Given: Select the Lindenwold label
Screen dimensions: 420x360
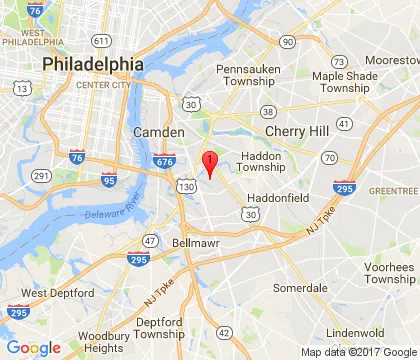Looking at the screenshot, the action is [x=355, y=333].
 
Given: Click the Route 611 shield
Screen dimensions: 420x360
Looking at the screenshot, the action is [x=100, y=41].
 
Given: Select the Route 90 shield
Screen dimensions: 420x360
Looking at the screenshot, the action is [x=288, y=41].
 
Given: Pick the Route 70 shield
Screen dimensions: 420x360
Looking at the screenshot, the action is [x=329, y=158].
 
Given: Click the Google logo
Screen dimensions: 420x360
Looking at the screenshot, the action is [x=33, y=347].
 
